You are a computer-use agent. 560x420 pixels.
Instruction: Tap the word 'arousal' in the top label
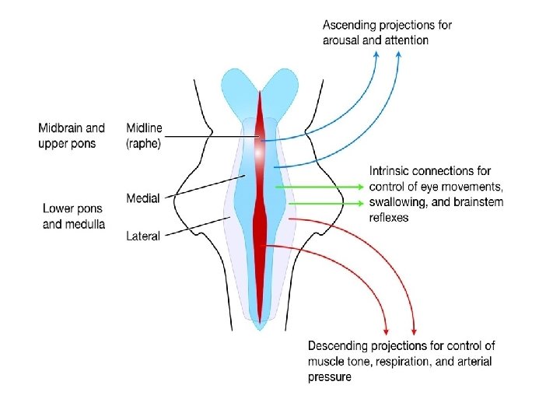tap(342, 40)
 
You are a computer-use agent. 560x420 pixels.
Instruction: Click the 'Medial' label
tap(143, 198)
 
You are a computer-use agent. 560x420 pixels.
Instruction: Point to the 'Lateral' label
tap(143, 236)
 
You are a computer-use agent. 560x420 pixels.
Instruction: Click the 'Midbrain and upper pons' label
tap(72, 136)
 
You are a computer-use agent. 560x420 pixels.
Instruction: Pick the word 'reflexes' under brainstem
tap(389, 219)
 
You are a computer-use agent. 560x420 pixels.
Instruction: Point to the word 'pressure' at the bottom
tap(330, 377)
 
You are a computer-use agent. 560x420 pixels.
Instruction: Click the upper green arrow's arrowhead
tap(359, 187)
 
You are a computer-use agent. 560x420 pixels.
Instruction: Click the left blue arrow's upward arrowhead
tap(376, 55)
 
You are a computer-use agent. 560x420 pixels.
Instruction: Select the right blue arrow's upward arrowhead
tap(398, 55)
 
